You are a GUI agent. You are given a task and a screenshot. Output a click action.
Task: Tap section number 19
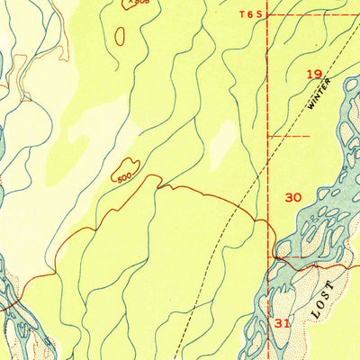click(x=313, y=75)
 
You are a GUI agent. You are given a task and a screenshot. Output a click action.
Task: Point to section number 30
click(x=292, y=197)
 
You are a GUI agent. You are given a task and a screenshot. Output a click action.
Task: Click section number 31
click(x=283, y=322)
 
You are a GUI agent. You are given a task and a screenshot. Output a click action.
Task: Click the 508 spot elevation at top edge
click(x=136, y=3)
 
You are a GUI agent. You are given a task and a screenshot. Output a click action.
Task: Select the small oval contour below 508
click(x=120, y=35)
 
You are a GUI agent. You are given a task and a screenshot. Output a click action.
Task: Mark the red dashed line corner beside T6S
click(x=268, y=14)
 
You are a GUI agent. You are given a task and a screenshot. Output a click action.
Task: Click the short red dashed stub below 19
click(x=288, y=136)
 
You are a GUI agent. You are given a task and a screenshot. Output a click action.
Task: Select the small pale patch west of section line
click(x=224, y=135)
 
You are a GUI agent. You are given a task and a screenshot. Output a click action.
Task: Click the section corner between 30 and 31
click(x=269, y=257)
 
